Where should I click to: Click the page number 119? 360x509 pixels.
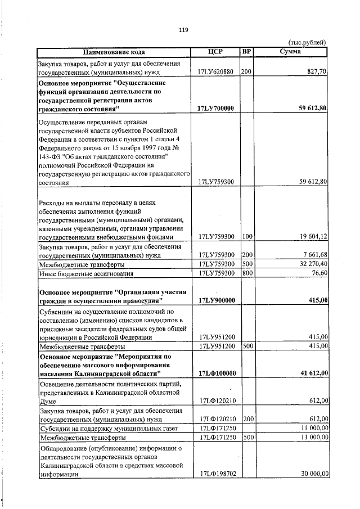pos(183,30)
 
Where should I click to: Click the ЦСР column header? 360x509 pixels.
pos(215,52)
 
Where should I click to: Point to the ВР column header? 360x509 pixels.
pos(246,52)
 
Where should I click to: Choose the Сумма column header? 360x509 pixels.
pos(290,52)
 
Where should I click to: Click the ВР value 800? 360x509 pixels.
pos(246,273)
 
